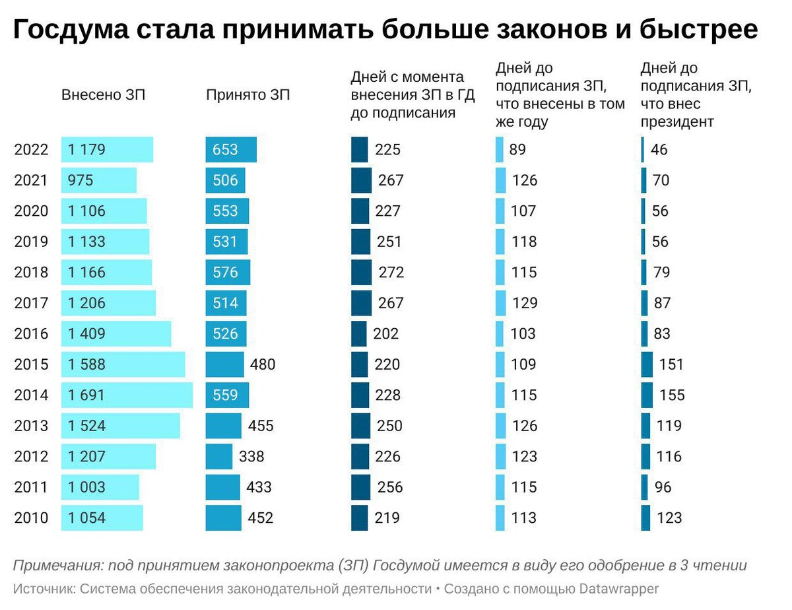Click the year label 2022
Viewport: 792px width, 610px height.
[x=31, y=150]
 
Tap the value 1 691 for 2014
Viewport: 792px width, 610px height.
[x=86, y=395]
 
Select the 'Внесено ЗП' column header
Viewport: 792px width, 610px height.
[x=103, y=95]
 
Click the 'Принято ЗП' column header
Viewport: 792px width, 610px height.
[x=247, y=95]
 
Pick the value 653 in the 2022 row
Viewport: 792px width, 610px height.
[x=225, y=150]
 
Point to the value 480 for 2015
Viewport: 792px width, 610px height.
[x=262, y=364]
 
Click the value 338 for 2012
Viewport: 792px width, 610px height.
[x=251, y=457]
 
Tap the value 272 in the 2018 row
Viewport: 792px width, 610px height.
[x=391, y=273]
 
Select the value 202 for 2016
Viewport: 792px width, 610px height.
[x=386, y=334]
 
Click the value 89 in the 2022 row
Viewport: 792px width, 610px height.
[x=517, y=150]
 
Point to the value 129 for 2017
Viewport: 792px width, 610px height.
[x=524, y=303]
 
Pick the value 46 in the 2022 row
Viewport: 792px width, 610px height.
[x=659, y=150]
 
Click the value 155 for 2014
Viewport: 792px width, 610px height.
[x=672, y=395]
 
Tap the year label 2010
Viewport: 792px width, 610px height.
[x=31, y=518]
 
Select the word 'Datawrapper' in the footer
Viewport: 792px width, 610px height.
[x=619, y=588]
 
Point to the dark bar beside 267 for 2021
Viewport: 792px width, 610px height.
[x=361, y=180]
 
